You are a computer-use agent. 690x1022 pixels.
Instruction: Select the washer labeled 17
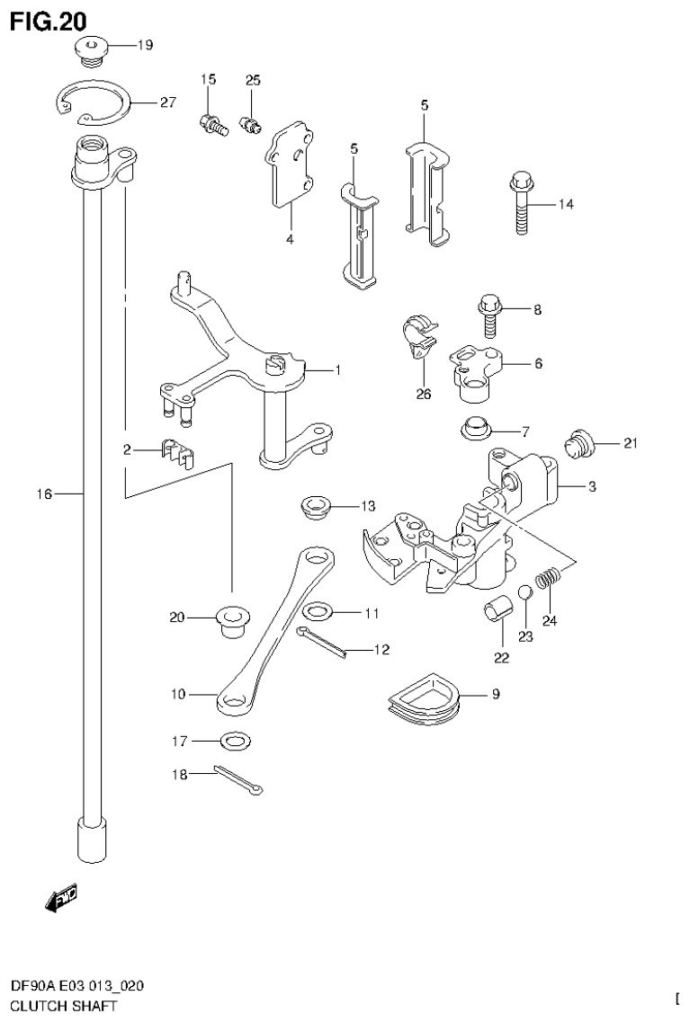235,742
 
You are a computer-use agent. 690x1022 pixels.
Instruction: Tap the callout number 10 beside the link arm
176,694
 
